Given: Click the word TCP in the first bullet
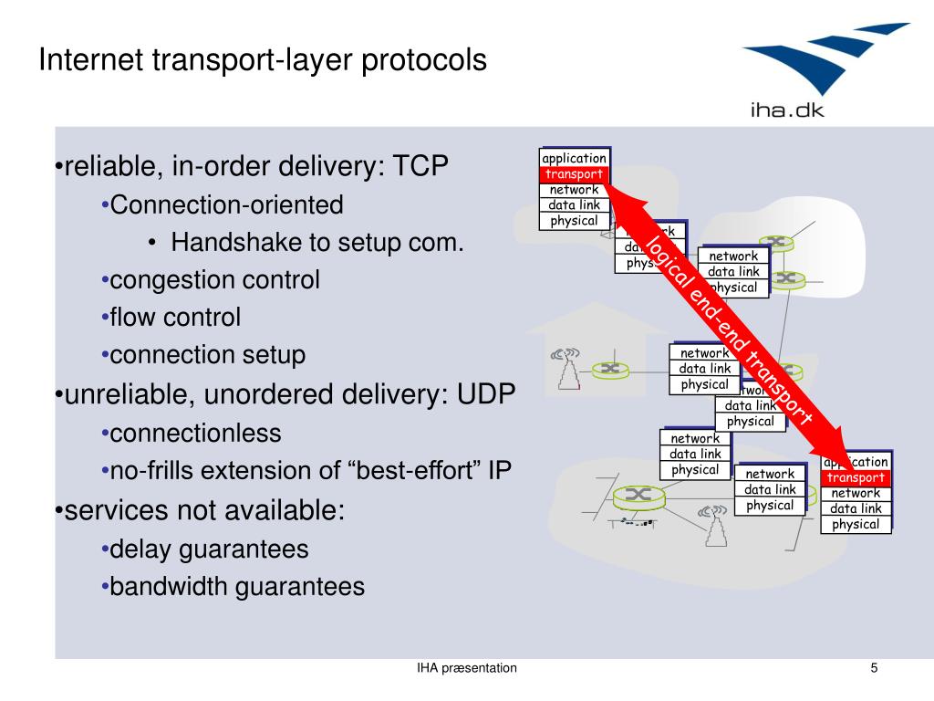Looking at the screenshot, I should point(421,167).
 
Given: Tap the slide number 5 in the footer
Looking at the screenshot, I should point(874,668).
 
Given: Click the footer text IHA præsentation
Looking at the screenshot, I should point(467,668).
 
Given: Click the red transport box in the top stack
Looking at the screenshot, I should point(574,174).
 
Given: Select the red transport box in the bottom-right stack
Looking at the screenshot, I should point(856,477).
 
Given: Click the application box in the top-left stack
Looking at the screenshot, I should point(574,159).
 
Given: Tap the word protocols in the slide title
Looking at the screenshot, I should point(425,62).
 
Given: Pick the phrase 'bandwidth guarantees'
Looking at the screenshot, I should point(237,586).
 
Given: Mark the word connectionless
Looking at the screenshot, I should point(195,433).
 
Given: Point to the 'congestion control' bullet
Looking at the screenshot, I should point(214,279).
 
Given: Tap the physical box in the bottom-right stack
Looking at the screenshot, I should point(856,524).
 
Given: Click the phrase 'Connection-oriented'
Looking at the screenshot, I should point(226,204).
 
